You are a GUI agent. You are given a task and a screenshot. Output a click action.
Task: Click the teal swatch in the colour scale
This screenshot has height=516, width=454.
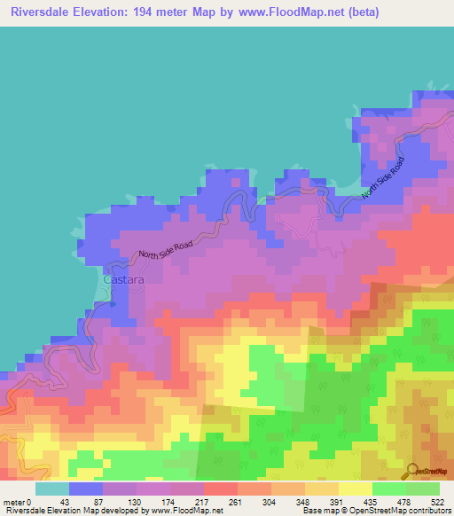tap(51, 489)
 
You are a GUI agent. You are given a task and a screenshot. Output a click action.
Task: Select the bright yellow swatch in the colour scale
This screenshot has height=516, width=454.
tap(355, 489)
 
